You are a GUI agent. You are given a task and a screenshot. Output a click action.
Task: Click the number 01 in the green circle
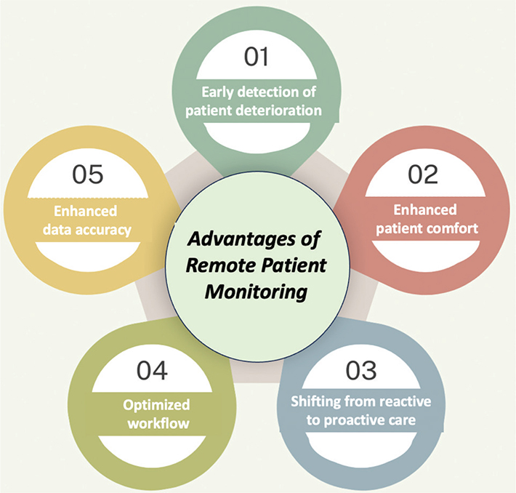coord(257,58)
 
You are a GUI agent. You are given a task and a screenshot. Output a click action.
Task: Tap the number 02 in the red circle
coord(424,177)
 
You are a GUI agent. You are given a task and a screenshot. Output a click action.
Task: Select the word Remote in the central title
coord(214,266)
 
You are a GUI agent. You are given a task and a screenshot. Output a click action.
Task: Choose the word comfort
coord(453,228)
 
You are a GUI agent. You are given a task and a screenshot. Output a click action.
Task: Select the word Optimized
coord(156,405)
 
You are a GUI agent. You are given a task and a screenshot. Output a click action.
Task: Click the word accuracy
coord(106,231)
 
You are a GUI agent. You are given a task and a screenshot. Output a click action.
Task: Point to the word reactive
coord(406,401)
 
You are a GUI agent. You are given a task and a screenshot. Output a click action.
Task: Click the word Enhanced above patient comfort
coord(425,210)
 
